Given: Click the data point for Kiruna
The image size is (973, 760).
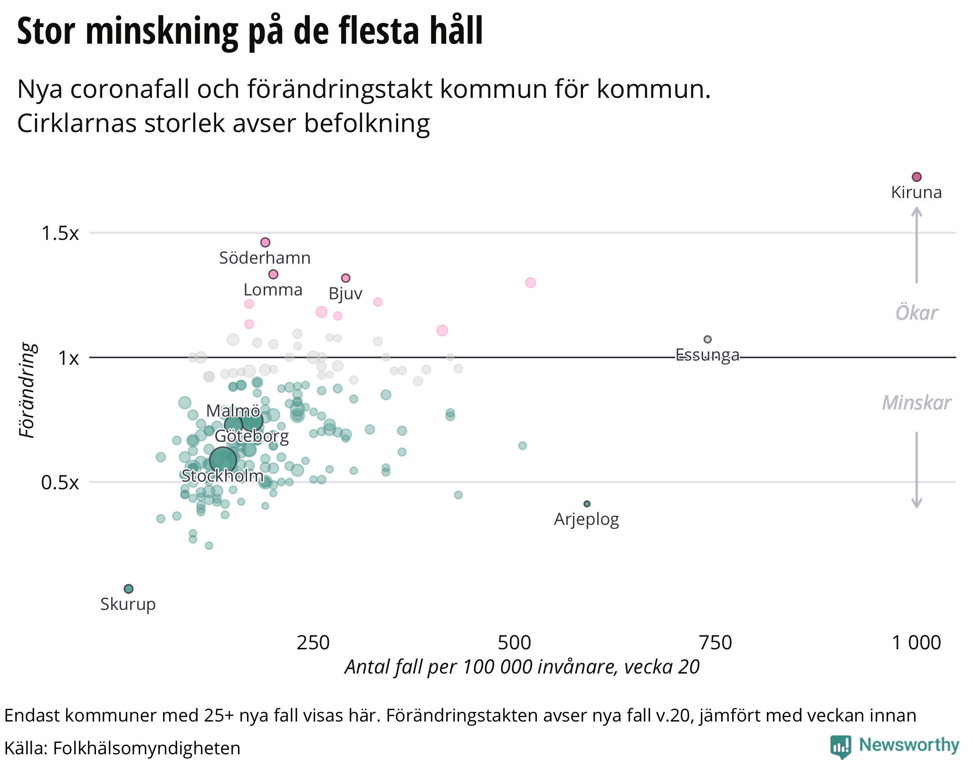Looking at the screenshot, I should [x=916, y=177].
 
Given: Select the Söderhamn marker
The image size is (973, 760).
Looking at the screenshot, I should [x=265, y=242].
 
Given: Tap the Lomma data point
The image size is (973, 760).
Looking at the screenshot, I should [x=273, y=274].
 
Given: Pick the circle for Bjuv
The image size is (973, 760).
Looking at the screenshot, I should [x=346, y=278].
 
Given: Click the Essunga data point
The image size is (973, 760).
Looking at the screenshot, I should [x=707, y=339].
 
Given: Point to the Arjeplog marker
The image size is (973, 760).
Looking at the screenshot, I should [x=587, y=503].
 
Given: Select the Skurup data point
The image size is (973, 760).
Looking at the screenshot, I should [x=128, y=589].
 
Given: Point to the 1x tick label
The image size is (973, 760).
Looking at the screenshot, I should [x=68, y=358].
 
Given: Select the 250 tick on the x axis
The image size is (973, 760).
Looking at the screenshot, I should [x=313, y=643].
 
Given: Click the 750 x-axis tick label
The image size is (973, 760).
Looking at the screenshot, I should [x=715, y=643].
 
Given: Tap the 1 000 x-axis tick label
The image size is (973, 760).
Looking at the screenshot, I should [x=916, y=643].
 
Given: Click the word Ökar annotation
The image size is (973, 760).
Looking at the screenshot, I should [x=916, y=313].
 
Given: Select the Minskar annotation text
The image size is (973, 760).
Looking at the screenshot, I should [x=916, y=403].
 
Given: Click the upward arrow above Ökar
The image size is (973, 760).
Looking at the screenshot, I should [x=916, y=245].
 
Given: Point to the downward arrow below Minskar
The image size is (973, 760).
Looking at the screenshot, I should [x=916, y=470].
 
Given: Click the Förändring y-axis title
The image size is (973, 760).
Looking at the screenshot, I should [x=28, y=390].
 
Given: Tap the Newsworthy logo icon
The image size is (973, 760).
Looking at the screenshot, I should [x=840, y=746].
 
